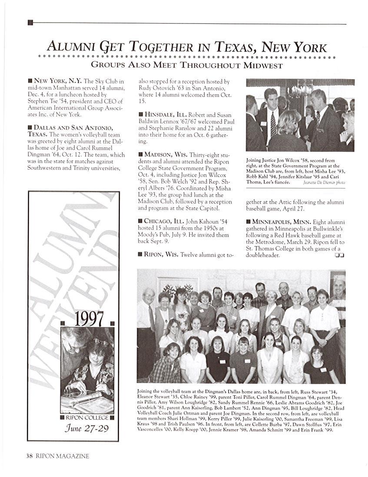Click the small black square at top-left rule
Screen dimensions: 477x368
(30, 23)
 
